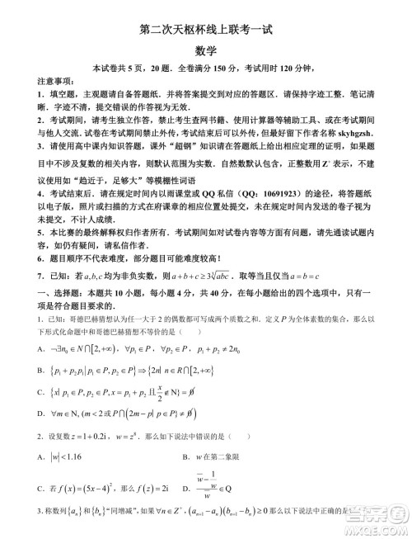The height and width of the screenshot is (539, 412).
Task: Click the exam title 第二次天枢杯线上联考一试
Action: coord(205,31)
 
